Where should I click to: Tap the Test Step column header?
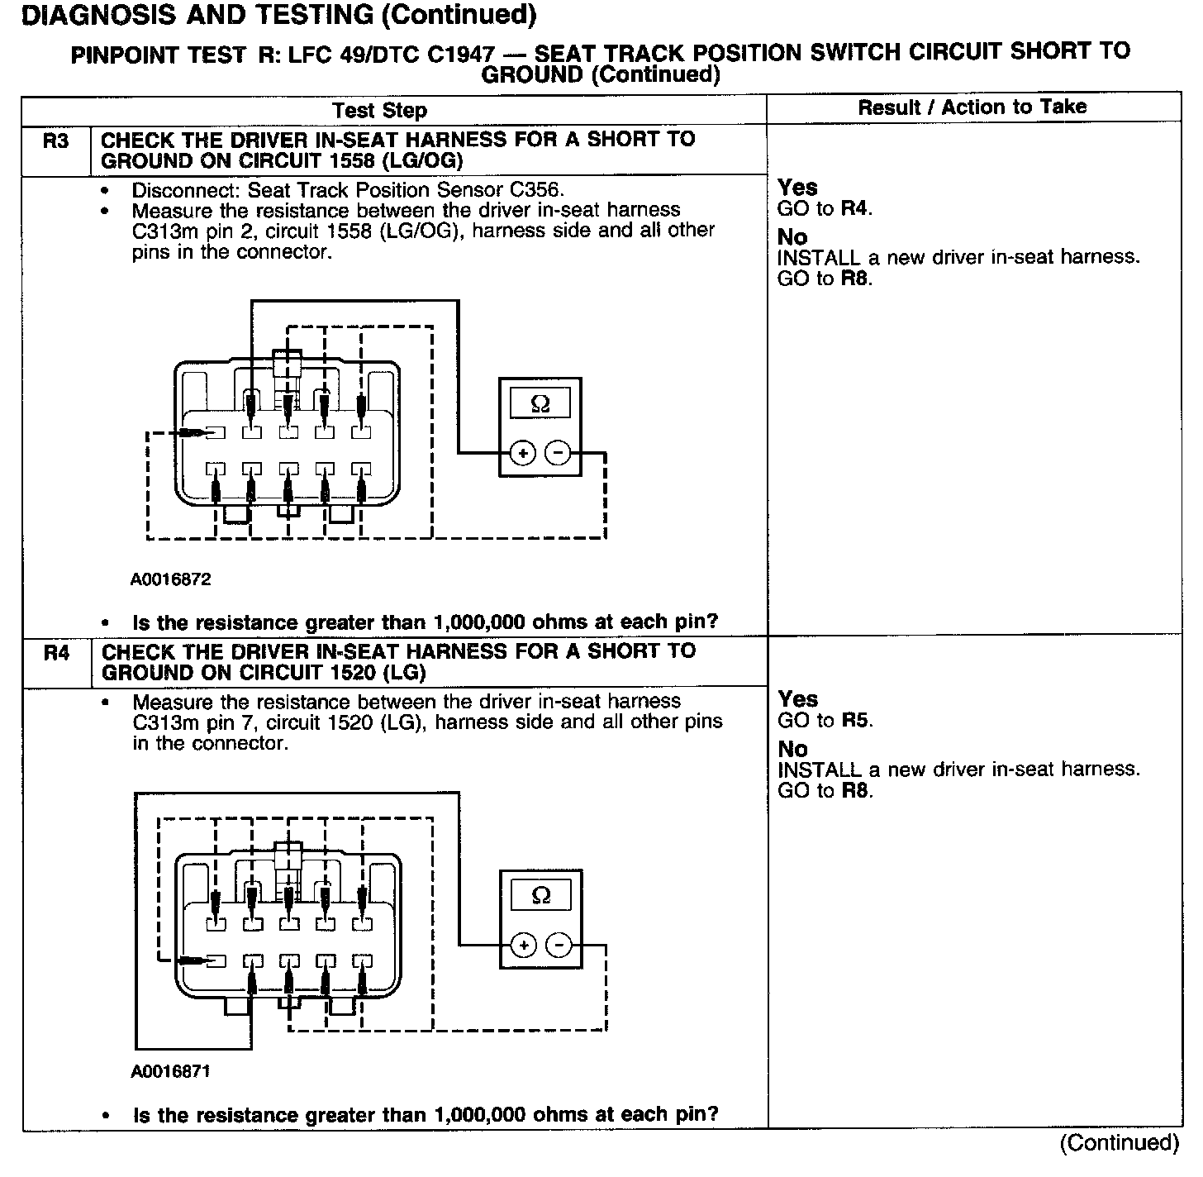(x=379, y=111)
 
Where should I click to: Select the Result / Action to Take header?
(x=972, y=107)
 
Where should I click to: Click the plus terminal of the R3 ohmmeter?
(x=523, y=453)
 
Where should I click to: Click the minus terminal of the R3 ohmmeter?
(x=559, y=453)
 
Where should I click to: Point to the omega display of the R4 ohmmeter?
(x=541, y=896)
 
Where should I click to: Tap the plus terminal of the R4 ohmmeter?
(x=524, y=945)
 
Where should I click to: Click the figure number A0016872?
(x=170, y=579)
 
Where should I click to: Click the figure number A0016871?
(x=170, y=1072)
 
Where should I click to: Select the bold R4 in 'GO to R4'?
(x=856, y=209)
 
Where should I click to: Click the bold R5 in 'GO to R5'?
(x=858, y=721)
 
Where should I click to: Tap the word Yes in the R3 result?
(x=797, y=188)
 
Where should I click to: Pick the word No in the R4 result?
(x=792, y=749)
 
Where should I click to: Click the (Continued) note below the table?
(x=1120, y=1143)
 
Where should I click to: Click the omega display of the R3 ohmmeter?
(x=540, y=404)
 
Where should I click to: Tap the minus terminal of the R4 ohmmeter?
(x=559, y=945)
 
